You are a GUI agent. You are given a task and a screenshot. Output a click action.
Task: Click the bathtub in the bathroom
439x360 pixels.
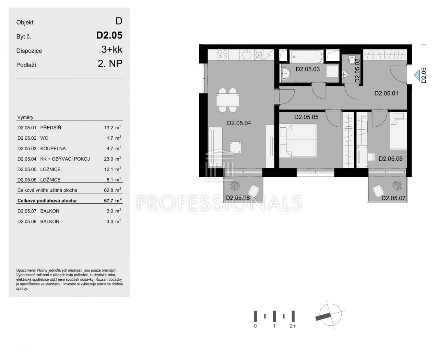[x=306, y=56]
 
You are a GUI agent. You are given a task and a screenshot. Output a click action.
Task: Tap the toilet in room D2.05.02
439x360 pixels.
[x=352, y=60]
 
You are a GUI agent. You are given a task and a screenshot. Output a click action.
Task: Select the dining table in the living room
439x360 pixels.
[x=227, y=100]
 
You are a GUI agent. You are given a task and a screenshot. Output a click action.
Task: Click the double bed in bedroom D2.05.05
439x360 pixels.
[x=298, y=140]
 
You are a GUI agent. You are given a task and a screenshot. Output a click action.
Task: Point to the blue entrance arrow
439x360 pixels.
[x=416, y=75]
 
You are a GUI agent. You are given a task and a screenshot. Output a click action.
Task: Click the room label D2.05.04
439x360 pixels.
[x=239, y=123]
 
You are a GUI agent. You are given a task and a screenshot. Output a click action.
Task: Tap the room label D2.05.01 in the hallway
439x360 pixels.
[x=386, y=93]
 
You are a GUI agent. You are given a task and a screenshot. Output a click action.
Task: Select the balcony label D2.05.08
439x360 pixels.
[x=237, y=198]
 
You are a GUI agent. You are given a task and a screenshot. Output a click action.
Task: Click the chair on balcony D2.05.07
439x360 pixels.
[x=378, y=191]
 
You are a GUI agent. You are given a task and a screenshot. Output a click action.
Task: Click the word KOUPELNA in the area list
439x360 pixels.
[x=53, y=149]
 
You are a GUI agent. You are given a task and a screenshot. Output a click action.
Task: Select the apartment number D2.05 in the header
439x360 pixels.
[x=109, y=35]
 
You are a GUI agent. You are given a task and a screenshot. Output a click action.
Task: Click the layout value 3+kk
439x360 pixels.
[x=112, y=49]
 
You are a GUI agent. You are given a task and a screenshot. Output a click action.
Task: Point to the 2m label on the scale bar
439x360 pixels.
[x=293, y=326]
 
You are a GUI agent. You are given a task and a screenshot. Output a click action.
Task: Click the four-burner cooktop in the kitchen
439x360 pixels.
[x=223, y=55]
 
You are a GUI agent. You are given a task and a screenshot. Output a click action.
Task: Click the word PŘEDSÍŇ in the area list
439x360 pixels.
[x=50, y=128]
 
